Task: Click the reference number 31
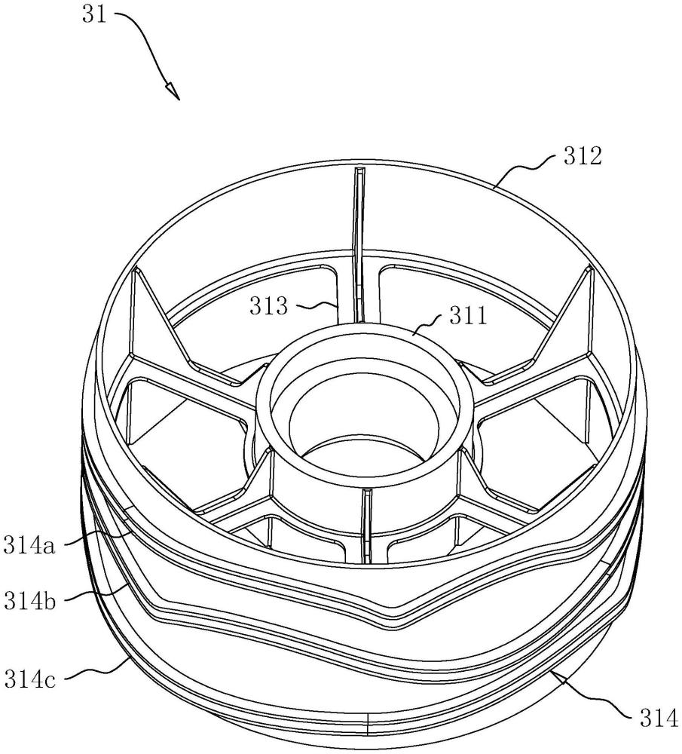[x=93, y=14]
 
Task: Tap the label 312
[x=583, y=156]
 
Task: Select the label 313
[x=268, y=306]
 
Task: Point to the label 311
[x=468, y=316]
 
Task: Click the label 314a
[x=29, y=545]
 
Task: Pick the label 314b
[x=29, y=600]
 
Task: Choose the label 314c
[x=29, y=679]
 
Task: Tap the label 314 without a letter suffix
[x=659, y=719]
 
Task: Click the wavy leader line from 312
[x=526, y=168]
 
